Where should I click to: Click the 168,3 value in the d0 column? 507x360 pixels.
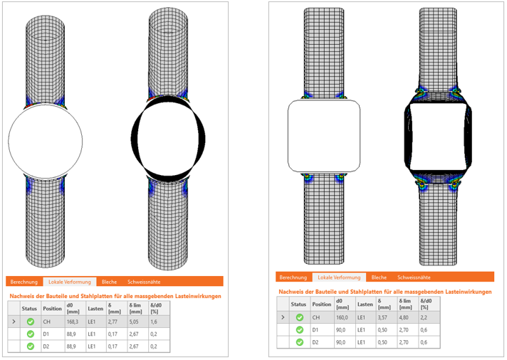click(x=73, y=322)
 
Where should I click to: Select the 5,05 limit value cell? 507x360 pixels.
click(x=134, y=322)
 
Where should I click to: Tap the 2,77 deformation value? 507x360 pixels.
click(x=113, y=322)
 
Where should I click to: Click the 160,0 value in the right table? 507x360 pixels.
click(x=342, y=317)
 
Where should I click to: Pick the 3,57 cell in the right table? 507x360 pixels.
click(x=382, y=317)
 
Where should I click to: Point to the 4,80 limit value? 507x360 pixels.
click(x=404, y=317)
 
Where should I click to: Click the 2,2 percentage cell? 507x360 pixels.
click(x=424, y=317)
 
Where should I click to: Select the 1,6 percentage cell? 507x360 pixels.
click(x=154, y=322)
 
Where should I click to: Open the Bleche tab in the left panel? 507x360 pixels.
click(x=109, y=282)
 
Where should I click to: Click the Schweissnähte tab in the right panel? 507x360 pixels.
click(x=414, y=277)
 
